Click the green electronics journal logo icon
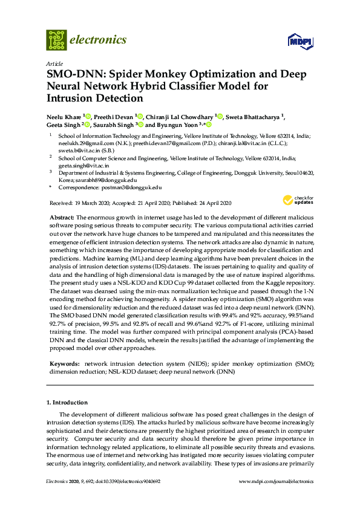(56, 40)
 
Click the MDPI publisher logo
(299, 42)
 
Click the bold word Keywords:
(64, 364)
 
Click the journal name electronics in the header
(98, 40)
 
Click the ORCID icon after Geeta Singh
(88, 125)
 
